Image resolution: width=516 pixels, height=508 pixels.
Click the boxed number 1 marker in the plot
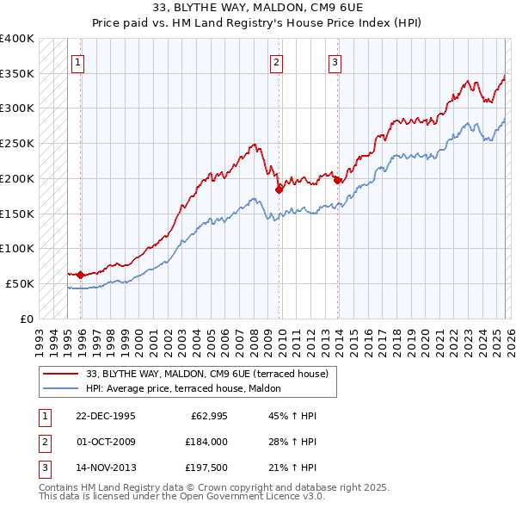point(77,62)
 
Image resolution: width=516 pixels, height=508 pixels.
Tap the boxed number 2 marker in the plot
point(276,62)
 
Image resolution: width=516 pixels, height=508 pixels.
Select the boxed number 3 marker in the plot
point(335,62)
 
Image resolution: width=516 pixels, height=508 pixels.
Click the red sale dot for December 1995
point(80,275)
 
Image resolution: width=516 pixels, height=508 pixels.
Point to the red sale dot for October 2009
point(279,189)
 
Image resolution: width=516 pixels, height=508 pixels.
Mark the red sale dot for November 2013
point(337,180)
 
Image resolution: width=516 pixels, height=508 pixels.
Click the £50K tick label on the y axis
point(19,283)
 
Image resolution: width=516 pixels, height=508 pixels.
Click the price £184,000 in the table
point(204,442)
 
